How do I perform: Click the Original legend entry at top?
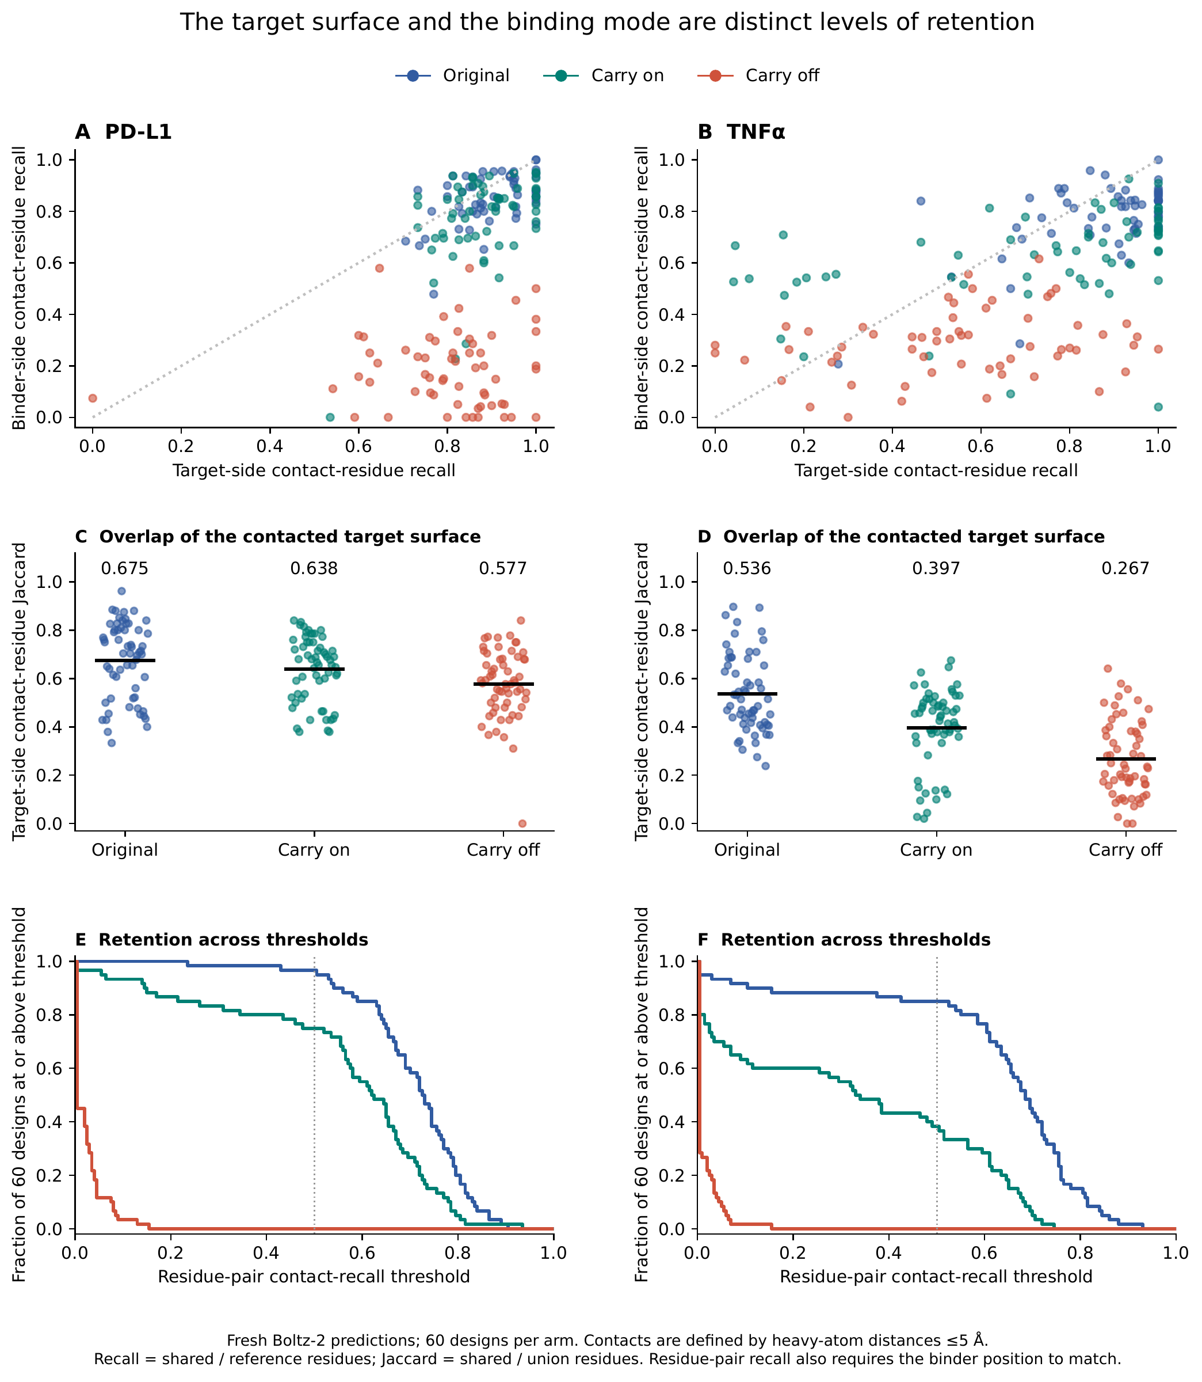(453, 76)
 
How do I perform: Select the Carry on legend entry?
(604, 76)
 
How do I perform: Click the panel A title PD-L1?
(123, 132)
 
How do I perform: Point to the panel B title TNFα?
(742, 132)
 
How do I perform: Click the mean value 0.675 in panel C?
(125, 569)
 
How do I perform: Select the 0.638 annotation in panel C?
(314, 569)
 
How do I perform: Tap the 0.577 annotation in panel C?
(503, 569)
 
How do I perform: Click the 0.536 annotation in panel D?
(747, 569)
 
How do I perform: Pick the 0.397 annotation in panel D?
(936, 569)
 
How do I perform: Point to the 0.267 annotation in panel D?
(1125, 569)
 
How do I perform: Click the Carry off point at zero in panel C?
(522, 823)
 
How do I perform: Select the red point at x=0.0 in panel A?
(93, 398)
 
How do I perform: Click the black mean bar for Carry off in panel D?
(1125, 759)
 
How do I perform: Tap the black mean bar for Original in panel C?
(125, 660)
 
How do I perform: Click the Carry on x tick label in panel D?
(936, 851)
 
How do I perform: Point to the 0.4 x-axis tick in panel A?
(270, 446)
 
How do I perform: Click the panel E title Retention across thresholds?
(222, 940)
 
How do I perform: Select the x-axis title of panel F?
(936, 1277)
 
